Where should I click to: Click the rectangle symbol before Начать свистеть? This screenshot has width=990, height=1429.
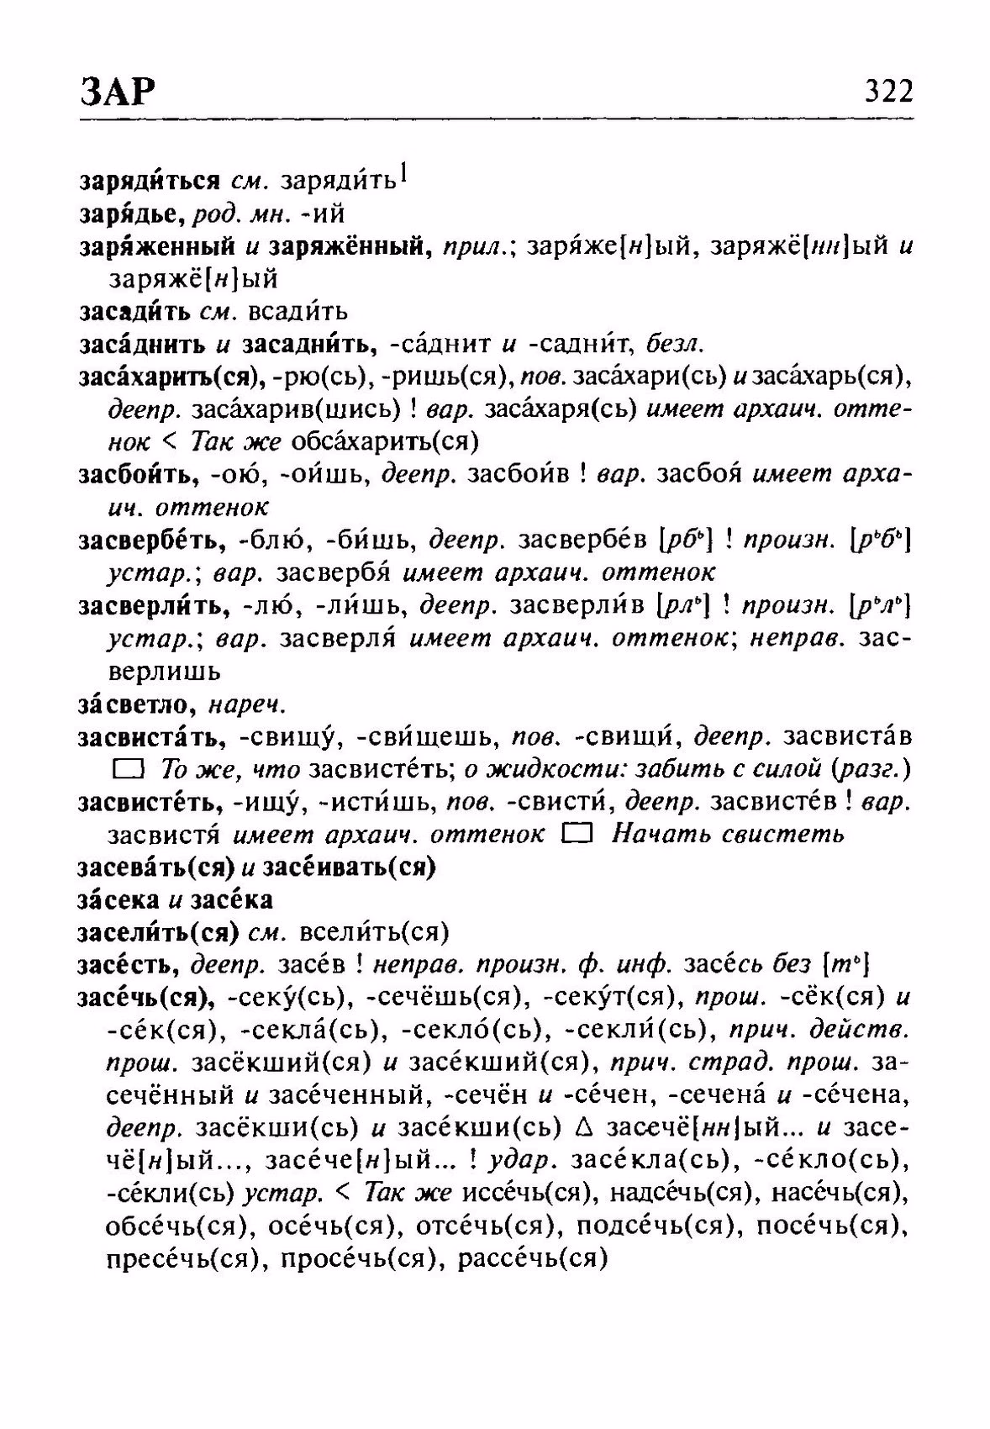click(579, 834)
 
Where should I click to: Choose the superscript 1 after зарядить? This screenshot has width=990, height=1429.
click(404, 172)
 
